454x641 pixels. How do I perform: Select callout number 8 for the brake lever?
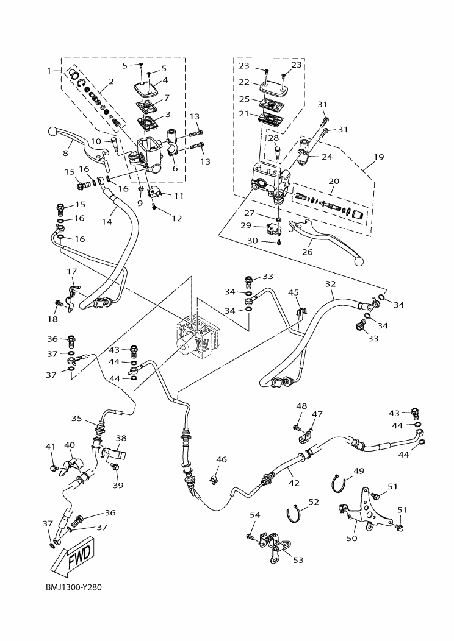66,154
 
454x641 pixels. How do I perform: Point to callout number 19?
378,157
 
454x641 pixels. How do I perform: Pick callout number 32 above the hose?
331,284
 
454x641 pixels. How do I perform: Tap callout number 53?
298,560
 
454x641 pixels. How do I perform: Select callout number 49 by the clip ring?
359,470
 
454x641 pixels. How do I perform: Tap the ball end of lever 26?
358,261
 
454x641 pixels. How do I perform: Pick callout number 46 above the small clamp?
222,459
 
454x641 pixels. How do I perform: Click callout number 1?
49,71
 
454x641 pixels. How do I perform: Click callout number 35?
76,419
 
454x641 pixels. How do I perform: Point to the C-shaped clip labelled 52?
295,514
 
